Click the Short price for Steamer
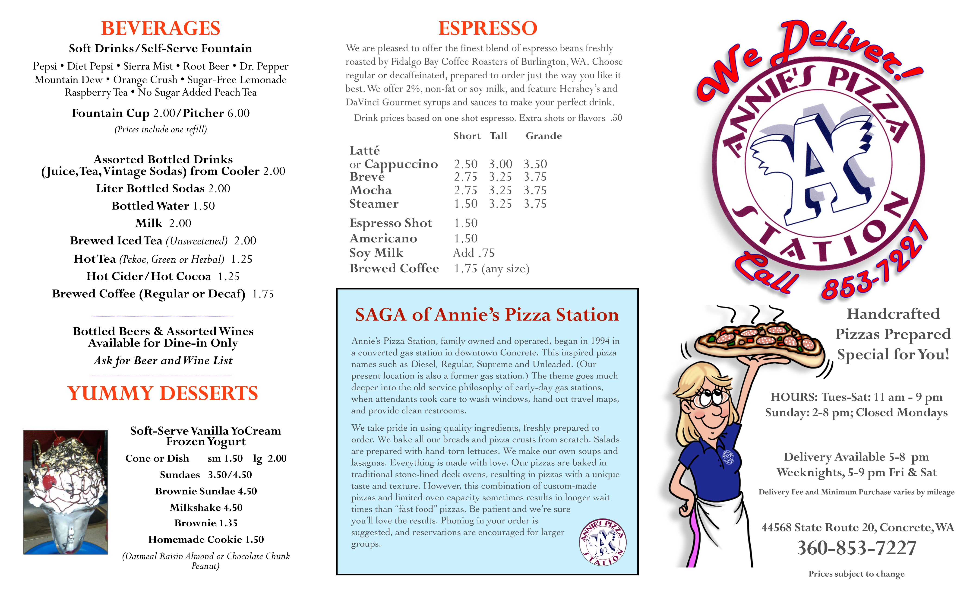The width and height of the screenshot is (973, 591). (x=466, y=204)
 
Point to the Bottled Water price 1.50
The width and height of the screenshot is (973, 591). (x=204, y=206)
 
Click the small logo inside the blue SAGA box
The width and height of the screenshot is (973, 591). (x=603, y=542)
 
